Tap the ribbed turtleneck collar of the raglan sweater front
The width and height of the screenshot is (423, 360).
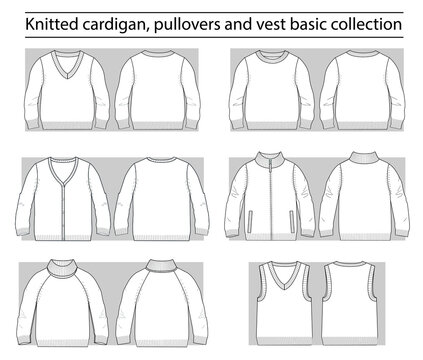pos(68,268)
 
